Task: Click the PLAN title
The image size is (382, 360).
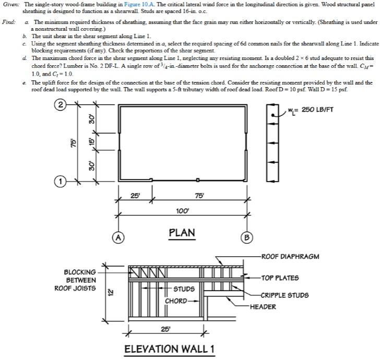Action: pos(182,233)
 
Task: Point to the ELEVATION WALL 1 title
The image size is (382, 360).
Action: pos(170,349)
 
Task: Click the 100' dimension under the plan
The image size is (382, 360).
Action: pos(182,209)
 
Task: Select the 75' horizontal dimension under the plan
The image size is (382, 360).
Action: pos(199,196)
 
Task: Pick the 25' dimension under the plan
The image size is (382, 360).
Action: pos(135,196)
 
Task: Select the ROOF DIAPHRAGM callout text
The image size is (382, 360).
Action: pos(290,256)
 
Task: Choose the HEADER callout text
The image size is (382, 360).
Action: pos(263,307)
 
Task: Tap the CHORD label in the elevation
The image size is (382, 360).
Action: pos(176,301)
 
